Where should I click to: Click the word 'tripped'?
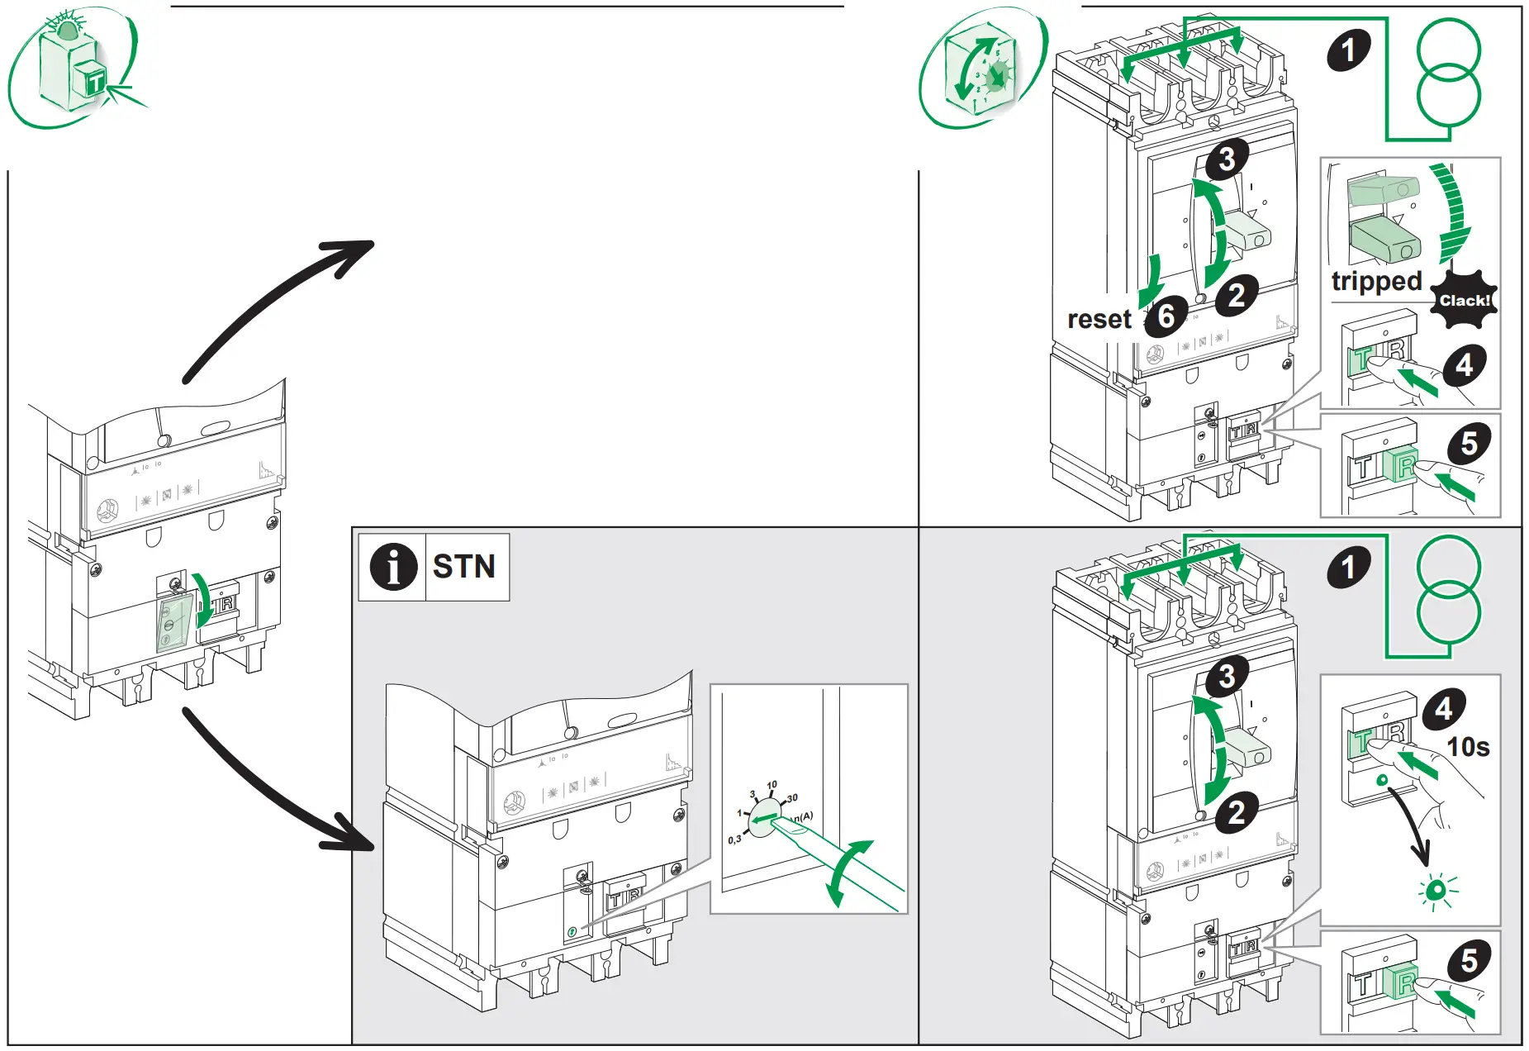tap(1375, 282)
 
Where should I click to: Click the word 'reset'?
tap(1099, 319)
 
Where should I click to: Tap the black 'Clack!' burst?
tap(1464, 300)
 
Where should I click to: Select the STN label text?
tap(463, 567)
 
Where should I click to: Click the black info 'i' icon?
tap(392, 567)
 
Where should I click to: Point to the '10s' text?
tap(1468, 747)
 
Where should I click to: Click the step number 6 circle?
tap(1166, 316)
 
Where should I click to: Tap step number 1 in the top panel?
tap(1348, 50)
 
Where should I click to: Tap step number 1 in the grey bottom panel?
tap(1348, 567)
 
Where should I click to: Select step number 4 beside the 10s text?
tap(1443, 709)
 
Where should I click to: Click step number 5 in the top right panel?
tap(1469, 444)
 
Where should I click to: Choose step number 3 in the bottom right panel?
tap(1227, 676)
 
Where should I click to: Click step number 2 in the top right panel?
tap(1236, 295)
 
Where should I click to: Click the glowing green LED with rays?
tap(1436, 890)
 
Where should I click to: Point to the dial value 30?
tap(791, 798)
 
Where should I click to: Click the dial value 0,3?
tap(734, 839)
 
